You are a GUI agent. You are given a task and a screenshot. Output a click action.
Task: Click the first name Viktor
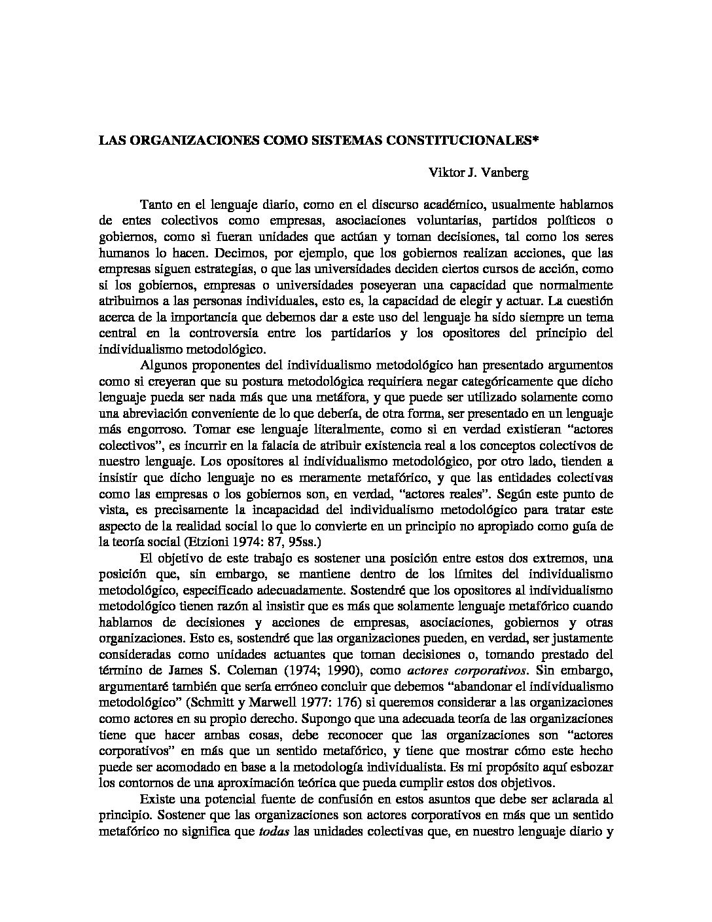click(445, 173)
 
